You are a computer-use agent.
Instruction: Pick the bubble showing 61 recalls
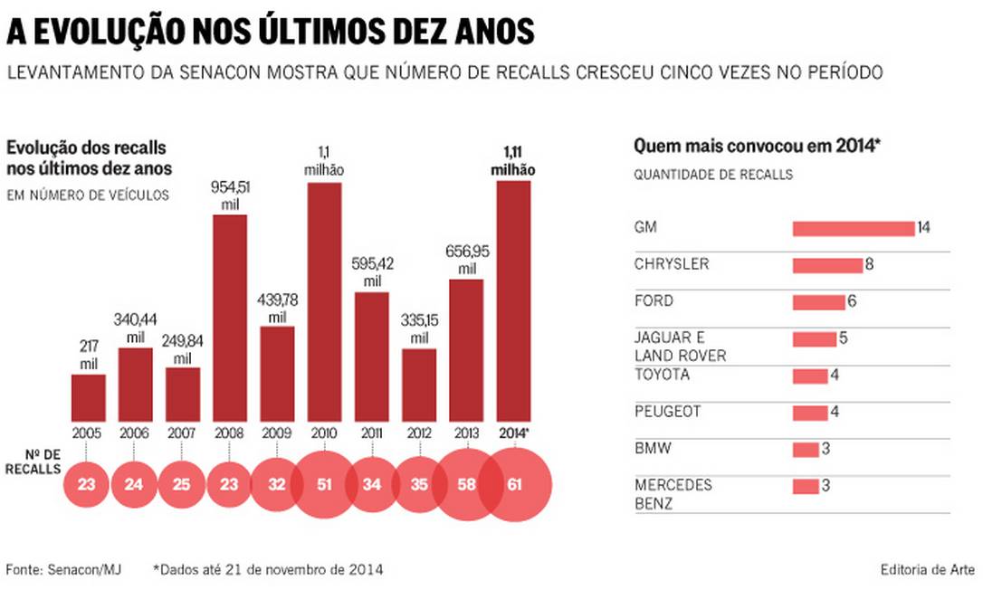(515, 484)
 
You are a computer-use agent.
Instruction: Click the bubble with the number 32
(277, 484)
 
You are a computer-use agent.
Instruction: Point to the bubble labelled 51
(324, 484)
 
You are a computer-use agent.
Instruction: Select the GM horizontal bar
(854, 228)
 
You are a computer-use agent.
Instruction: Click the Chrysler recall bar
(827, 265)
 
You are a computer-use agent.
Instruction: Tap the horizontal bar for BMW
(806, 450)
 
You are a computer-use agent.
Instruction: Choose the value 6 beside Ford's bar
(852, 301)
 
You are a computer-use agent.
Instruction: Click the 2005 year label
(88, 433)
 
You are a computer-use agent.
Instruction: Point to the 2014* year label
(514, 433)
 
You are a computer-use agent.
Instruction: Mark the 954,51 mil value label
(229, 194)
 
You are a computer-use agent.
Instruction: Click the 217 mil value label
(88, 354)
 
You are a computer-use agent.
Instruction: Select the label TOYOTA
(662, 375)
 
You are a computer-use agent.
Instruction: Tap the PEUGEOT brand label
(666, 412)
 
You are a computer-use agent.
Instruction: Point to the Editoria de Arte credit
(927, 569)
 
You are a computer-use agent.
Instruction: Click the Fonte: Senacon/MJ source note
(63, 569)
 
